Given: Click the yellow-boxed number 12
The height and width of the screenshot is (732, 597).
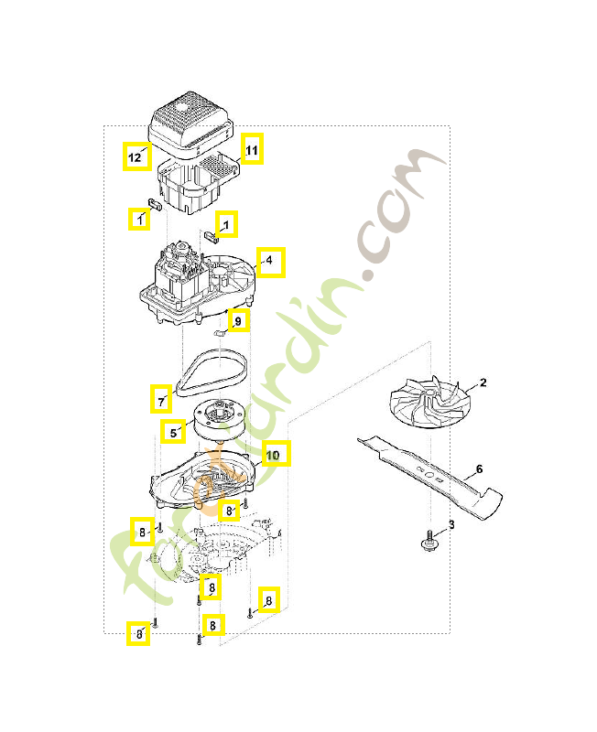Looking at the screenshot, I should [x=136, y=156].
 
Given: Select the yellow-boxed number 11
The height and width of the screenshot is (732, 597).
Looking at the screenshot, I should [x=252, y=149].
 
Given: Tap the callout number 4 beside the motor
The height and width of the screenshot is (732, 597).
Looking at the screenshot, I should [x=270, y=262].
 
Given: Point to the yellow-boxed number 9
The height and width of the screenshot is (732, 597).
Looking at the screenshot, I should [x=238, y=321].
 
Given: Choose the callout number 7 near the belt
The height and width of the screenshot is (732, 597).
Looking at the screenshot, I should [x=161, y=399].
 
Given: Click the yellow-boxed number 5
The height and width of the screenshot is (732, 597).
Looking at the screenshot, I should [x=173, y=431].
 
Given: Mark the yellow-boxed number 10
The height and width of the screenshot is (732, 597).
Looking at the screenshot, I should [x=274, y=454].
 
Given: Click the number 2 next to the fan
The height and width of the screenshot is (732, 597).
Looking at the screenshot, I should [x=483, y=382].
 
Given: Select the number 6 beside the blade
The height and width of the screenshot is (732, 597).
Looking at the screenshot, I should [x=478, y=470].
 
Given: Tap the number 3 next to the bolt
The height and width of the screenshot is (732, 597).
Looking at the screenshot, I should [x=450, y=525].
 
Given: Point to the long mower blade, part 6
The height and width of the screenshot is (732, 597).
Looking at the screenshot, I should [x=430, y=470].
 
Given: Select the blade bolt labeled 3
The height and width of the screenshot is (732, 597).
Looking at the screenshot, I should [x=428, y=544].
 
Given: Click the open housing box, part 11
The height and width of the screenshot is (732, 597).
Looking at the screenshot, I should [x=197, y=183].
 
